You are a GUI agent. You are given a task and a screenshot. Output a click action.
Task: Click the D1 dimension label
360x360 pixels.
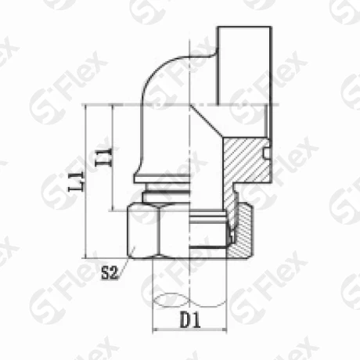(x=190, y=320)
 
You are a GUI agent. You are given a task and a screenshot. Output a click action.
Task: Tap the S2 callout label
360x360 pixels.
(x=110, y=273)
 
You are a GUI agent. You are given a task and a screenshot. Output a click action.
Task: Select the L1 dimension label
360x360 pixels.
(x=77, y=182)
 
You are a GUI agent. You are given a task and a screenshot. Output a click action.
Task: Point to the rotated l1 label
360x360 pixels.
(x=104, y=157)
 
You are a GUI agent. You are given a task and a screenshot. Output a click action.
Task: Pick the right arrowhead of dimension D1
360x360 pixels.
(x=224, y=330)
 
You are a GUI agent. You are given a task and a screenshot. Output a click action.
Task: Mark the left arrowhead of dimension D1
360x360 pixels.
(x=156, y=330)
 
